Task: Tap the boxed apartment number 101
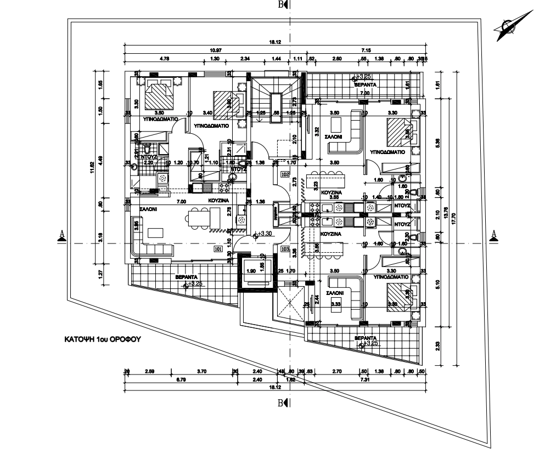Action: click(x=218, y=248)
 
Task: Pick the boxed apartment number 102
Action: click(x=284, y=175)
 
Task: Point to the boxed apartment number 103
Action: click(x=284, y=248)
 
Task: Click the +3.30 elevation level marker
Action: click(x=266, y=234)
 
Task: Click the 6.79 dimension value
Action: click(x=180, y=379)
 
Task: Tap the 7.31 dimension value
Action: click(x=365, y=379)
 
